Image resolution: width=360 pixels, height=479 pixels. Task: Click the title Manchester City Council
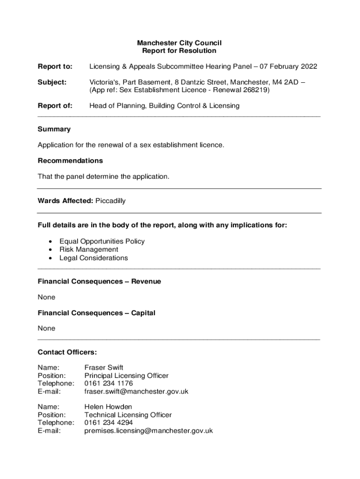coord(179,43)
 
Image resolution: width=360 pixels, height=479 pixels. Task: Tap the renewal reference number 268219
coord(255,90)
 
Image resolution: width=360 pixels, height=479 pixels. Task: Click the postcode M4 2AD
coord(286,82)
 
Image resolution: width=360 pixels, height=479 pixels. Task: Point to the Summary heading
coord(54,129)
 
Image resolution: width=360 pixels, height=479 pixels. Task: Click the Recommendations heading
coord(70,160)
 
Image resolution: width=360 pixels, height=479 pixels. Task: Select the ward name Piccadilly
coord(110,201)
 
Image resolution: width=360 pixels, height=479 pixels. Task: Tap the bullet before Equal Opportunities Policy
coord(50,241)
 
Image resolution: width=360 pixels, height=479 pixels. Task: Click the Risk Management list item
coord(88,249)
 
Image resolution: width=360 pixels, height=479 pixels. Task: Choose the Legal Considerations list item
coord(93,258)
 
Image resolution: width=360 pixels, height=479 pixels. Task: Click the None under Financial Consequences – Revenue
coord(46,297)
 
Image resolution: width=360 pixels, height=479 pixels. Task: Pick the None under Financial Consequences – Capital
coord(46,328)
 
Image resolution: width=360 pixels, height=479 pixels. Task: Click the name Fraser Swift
coord(104,367)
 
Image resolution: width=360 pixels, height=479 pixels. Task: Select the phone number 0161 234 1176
coord(108,383)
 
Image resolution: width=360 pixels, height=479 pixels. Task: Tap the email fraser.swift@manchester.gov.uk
coord(136,391)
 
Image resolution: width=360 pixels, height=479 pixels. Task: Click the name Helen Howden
coord(108,406)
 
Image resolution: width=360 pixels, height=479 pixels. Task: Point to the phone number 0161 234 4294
coord(108,422)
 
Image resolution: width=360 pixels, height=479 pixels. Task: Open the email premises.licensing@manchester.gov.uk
coord(148,430)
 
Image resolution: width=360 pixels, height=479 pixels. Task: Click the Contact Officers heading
coord(67,352)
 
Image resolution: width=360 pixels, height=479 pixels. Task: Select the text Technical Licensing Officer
coord(128,414)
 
